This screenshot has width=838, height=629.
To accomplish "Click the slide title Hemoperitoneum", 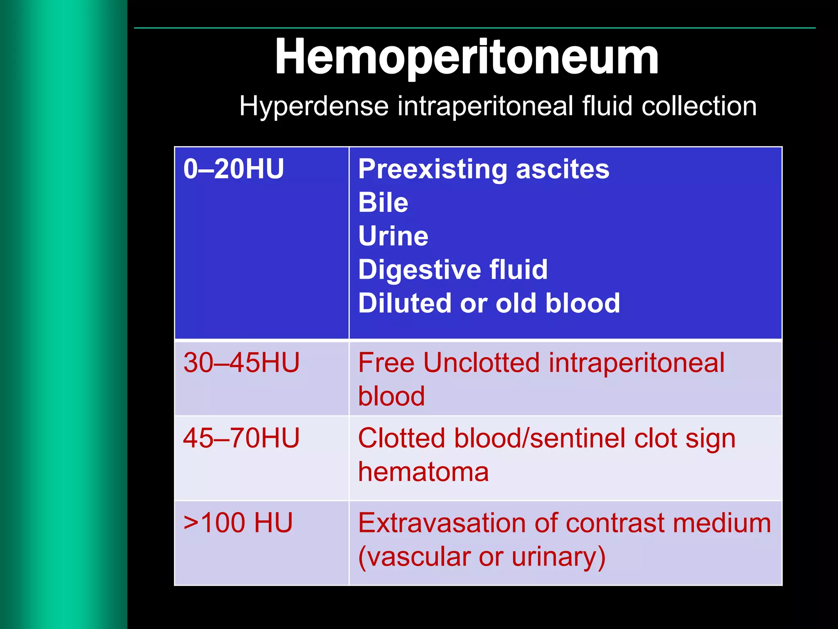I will [467, 57].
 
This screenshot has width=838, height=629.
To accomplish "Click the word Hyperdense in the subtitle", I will [313, 106].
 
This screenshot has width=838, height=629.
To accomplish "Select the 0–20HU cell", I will [234, 169].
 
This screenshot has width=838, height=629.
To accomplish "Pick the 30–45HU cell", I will [241, 363].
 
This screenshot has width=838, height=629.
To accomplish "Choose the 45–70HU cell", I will [241, 438].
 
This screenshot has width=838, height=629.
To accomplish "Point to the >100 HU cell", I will [238, 523].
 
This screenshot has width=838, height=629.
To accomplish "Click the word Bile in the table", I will [383, 203].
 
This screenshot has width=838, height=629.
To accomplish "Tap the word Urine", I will [393, 236].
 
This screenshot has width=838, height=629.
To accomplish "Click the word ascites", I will [563, 170].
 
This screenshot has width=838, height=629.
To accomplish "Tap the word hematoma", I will [424, 472].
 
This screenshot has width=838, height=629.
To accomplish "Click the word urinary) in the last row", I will [559, 557].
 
